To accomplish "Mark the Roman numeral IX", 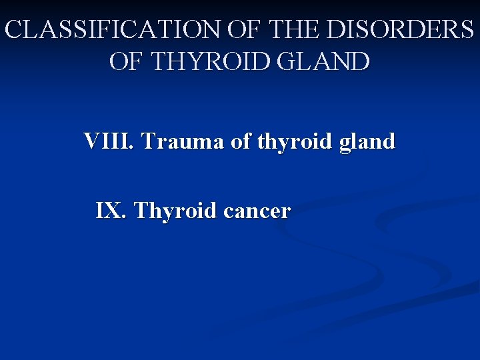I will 111,211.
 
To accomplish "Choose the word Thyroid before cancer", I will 176,212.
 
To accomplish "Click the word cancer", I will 257,212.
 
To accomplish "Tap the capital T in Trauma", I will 148,141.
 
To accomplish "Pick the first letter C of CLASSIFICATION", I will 13,30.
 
